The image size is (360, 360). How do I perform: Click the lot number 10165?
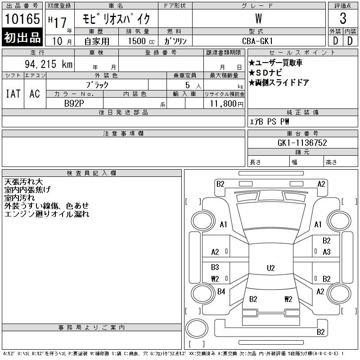pos(22,18)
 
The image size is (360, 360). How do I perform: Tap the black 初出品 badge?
pos(22,37)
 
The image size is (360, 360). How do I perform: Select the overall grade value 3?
pos(343,18)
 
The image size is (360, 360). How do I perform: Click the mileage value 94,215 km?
pos(49,64)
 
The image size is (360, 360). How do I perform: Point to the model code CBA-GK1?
pos(257,41)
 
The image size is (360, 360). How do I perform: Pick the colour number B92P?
pos(74,103)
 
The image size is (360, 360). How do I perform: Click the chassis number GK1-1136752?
pos(302,143)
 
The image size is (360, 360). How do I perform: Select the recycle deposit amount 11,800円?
pos(227,104)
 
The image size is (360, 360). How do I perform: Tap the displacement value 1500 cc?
pos(141,41)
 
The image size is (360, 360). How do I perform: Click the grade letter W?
pos(258,18)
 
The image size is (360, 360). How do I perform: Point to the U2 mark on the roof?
pos(271,268)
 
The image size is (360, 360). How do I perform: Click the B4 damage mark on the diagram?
pos(221,292)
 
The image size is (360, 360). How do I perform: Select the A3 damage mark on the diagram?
pos(327,252)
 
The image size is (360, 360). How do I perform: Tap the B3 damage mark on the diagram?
pos(215,267)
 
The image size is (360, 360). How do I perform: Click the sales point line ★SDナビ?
pos(265,73)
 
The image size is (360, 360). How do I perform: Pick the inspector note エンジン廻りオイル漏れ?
pos(47,214)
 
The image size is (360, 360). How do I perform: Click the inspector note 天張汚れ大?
pos(23,182)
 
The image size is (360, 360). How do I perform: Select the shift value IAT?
pos(13,94)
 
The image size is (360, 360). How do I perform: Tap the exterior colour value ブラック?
pos(97,85)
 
